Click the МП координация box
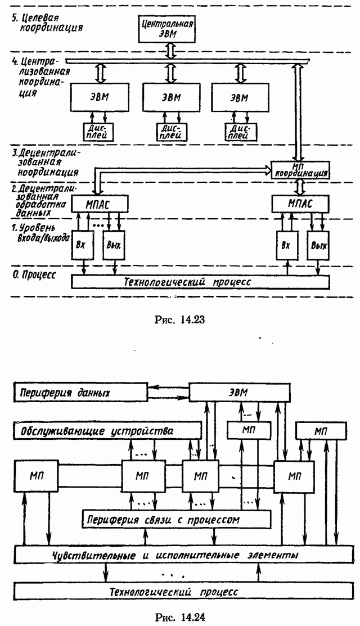click(x=299, y=169)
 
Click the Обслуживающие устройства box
click(x=107, y=431)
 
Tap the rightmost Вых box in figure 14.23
click(x=318, y=245)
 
